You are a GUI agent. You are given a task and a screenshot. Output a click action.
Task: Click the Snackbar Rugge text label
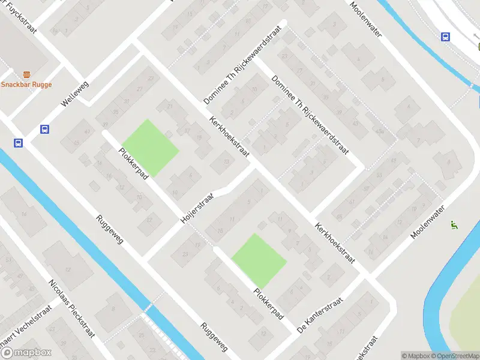pyautogui.click(x=26, y=85)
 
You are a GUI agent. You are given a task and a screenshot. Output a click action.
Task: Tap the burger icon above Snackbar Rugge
pyautogui.click(x=26, y=74)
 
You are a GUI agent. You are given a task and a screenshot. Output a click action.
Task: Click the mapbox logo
pyautogui.click(x=25, y=353)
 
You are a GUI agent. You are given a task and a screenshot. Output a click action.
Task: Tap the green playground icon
pyautogui.click(x=454, y=226)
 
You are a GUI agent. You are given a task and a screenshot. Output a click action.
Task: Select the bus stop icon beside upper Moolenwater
pyautogui.click(x=445, y=37)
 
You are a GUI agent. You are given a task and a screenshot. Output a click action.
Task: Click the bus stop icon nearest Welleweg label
pyautogui.click(x=44, y=128)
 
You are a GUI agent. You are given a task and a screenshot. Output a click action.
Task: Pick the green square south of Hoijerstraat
pyautogui.click(x=258, y=260)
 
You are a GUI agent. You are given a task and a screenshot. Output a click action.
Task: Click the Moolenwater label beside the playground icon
pyautogui.click(x=427, y=222)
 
